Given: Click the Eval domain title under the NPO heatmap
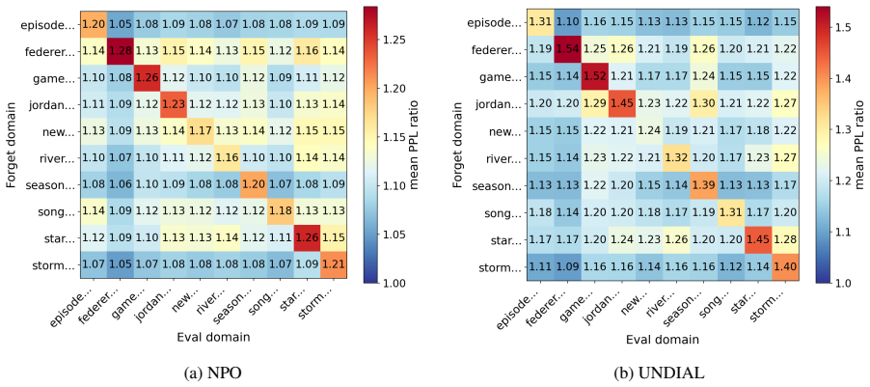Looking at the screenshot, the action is pos(212,337).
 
